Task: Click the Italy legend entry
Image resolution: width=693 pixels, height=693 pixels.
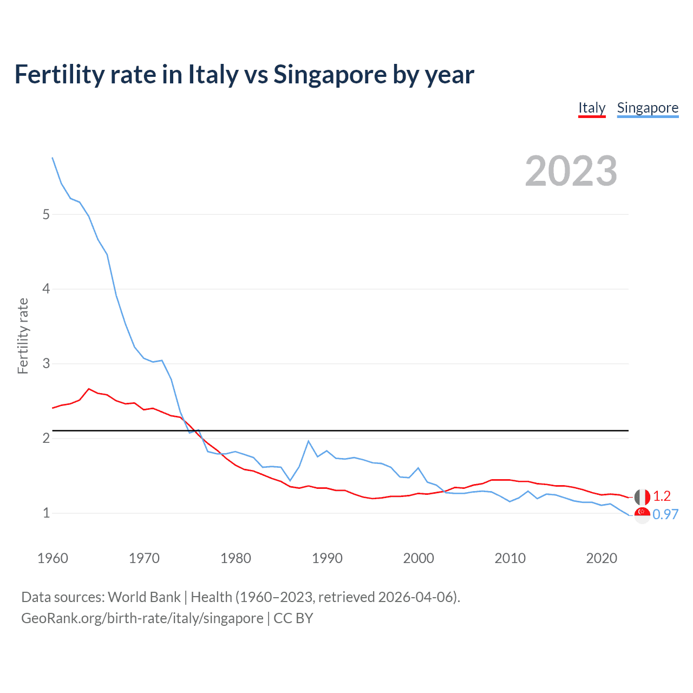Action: [x=592, y=108]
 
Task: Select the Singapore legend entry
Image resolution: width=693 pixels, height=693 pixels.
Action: [x=648, y=108]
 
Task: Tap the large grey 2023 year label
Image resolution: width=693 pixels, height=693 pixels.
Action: [x=571, y=171]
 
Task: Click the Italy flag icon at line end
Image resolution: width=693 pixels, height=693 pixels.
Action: [x=642, y=496]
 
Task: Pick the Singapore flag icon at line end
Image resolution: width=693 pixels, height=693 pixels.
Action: [x=642, y=515]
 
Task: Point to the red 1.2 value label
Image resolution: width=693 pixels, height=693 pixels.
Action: [x=662, y=496]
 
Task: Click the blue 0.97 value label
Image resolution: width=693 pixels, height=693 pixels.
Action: [x=665, y=514]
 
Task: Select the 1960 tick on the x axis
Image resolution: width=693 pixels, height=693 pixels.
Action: [x=53, y=558]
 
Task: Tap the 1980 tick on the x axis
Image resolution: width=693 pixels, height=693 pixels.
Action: [x=236, y=558]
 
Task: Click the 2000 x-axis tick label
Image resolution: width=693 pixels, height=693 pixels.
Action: [x=419, y=558]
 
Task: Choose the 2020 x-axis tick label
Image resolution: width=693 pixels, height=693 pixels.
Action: [x=602, y=558]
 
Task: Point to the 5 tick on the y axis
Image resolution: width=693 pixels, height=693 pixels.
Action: [x=46, y=214]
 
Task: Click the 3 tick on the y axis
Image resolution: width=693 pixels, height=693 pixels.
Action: [x=46, y=363]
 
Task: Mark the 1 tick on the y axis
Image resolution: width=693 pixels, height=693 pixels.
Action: [x=46, y=513]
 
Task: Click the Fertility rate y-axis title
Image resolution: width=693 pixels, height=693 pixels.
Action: [x=23, y=336]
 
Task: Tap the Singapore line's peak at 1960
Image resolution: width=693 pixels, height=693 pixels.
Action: [x=53, y=158]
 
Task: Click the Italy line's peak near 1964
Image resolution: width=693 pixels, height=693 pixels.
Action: [x=89, y=389]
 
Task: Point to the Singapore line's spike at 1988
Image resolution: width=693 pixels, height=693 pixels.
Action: [x=308, y=441]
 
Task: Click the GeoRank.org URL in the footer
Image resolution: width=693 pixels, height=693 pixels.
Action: [x=142, y=618]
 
